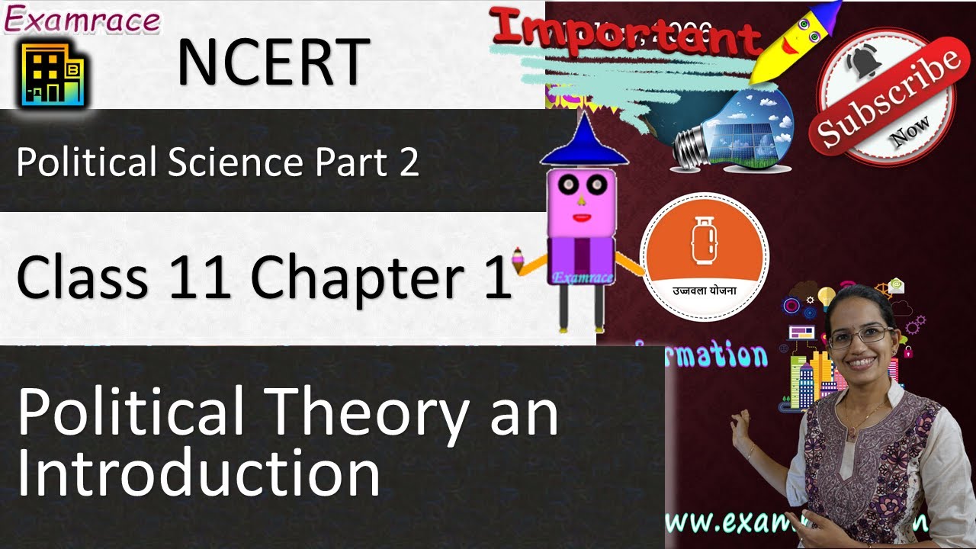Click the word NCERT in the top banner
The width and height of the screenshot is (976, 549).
pyautogui.click(x=273, y=63)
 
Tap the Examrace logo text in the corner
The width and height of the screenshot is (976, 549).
pyautogui.click(x=82, y=21)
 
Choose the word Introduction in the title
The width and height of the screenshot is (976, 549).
pyautogui.click(x=198, y=474)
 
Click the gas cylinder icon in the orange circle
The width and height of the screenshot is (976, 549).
pyautogui.click(x=702, y=241)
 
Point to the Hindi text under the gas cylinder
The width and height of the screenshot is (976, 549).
pyautogui.click(x=703, y=291)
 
